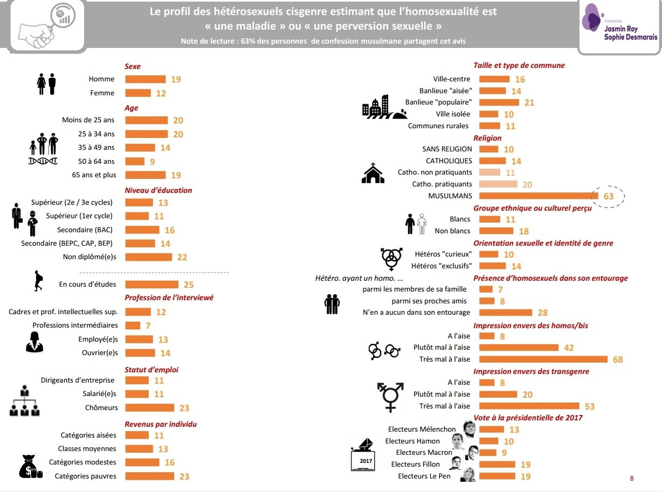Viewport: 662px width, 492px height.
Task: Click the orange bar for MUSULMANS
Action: [x=539, y=196]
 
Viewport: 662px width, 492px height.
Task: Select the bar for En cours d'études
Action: [x=151, y=285]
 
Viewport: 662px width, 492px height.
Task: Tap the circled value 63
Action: [x=608, y=196]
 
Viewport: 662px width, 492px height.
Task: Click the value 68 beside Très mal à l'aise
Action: [x=618, y=359]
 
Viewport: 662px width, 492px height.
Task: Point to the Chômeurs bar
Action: [x=149, y=407]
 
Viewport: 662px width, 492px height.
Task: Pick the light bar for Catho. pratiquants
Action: [x=498, y=184]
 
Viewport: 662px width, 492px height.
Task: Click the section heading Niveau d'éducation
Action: [x=158, y=190]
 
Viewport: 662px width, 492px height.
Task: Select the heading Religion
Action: [x=487, y=138]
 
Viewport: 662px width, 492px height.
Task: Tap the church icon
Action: [x=373, y=173]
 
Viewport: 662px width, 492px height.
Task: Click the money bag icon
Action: [x=30, y=467]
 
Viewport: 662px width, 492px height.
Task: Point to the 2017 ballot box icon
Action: [x=363, y=455]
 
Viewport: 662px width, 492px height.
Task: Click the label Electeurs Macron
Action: [x=424, y=452]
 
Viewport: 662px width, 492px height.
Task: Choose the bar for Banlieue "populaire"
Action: [x=499, y=102]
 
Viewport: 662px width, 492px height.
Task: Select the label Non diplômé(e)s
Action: [x=89, y=257]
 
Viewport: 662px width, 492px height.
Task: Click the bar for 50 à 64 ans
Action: [x=135, y=162]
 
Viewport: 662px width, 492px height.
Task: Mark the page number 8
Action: [x=632, y=479]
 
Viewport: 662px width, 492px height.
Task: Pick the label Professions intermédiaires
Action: [x=75, y=325]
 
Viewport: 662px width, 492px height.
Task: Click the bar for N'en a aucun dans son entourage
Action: [x=506, y=313]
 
